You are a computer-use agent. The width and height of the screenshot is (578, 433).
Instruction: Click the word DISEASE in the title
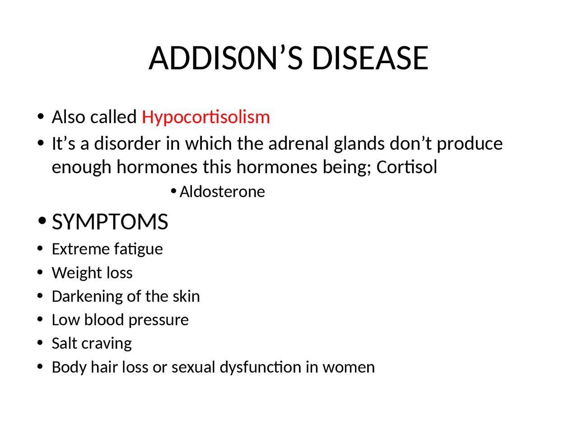(x=370, y=58)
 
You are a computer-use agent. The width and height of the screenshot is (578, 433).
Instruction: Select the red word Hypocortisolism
(x=206, y=117)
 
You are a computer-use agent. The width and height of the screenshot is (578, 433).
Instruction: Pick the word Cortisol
(x=407, y=167)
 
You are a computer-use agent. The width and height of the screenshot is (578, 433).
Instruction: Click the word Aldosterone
(x=222, y=192)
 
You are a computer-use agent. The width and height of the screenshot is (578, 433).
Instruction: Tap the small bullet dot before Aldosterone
(x=173, y=192)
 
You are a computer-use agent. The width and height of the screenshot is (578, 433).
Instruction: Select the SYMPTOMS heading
(x=110, y=222)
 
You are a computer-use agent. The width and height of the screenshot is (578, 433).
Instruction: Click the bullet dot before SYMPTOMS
(x=42, y=221)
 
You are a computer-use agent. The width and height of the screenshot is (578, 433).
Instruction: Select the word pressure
(x=158, y=320)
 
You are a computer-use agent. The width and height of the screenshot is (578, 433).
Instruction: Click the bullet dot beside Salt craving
(x=41, y=343)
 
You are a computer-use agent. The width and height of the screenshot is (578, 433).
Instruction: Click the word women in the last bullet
(x=349, y=368)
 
